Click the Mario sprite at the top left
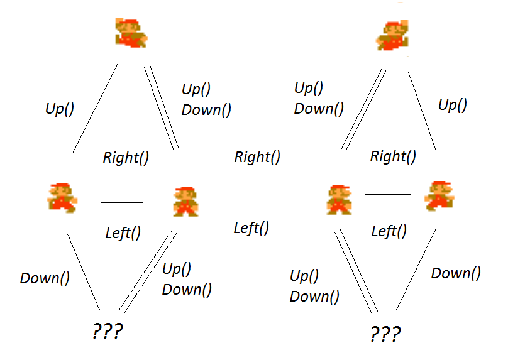[131, 32]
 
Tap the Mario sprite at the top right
[392, 34]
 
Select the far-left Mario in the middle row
[62, 196]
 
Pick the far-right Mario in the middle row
[439, 195]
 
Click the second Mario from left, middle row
[185, 201]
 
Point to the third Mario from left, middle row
[340, 200]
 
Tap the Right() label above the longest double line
[257, 156]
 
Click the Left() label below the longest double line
[251, 227]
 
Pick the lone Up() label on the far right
[452, 104]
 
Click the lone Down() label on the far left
[45, 278]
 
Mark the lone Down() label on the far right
[456, 273]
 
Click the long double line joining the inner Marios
[262, 199]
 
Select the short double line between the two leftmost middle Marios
[122, 199]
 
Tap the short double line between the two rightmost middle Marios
[389, 197]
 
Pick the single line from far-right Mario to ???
[416, 269]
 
